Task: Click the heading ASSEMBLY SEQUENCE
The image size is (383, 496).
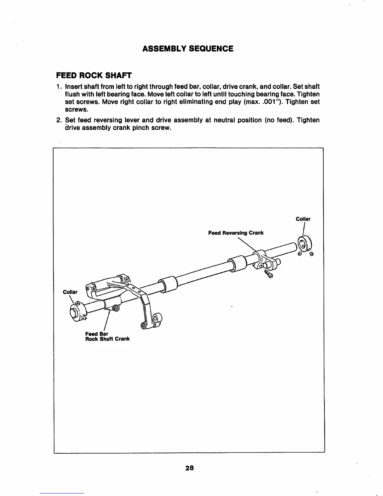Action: (188, 49)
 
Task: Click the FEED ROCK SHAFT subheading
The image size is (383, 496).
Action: (94, 75)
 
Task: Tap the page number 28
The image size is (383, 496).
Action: (190, 468)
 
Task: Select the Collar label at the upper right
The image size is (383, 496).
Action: (303, 219)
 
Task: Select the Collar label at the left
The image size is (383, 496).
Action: (70, 292)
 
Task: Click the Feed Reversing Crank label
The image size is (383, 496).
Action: (236, 233)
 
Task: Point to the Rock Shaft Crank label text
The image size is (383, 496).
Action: (107, 339)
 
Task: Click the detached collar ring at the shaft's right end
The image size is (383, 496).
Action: (304, 243)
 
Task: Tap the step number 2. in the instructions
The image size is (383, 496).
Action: (59, 120)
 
